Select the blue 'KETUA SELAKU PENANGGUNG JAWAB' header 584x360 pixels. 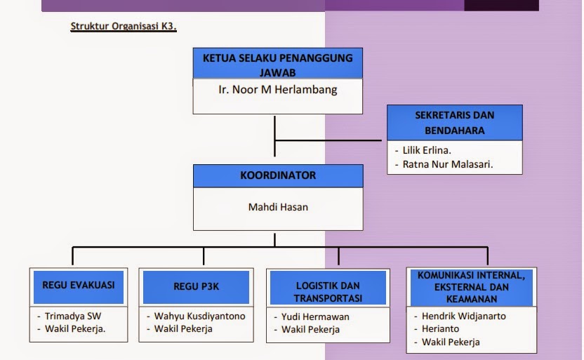click(x=277, y=64)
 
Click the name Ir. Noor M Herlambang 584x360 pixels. click(x=277, y=90)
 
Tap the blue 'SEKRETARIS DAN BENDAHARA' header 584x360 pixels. click(x=455, y=122)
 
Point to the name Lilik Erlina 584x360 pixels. click(x=427, y=150)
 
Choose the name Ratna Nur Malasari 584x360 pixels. click(x=447, y=164)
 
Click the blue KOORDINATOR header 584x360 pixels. click(x=278, y=175)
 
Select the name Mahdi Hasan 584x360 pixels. click(x=278, y=207)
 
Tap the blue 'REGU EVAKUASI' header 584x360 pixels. click(x=79, y=286)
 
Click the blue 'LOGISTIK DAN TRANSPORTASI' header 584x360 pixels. click(x=328, y=291)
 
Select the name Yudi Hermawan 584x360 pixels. click(x=316, y=316)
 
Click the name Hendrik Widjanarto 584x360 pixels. click(x=464, y=316)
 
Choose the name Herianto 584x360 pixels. click(x=441, y=328)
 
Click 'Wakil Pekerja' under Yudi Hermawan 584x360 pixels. click(x=311, y=329)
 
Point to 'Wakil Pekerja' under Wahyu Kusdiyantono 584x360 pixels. click(x=184, y=328)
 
